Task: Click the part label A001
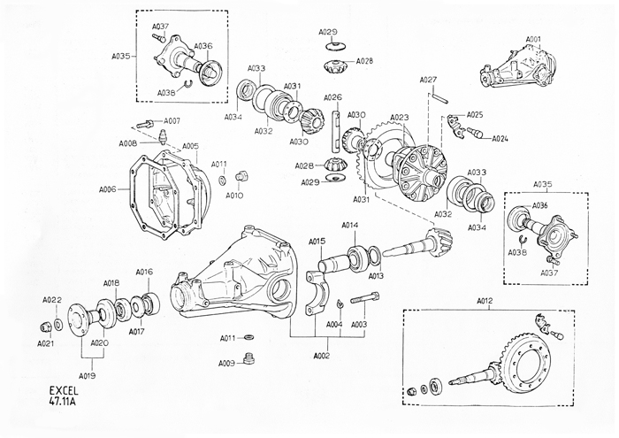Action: (533, 40)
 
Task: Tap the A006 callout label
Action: (109, 189)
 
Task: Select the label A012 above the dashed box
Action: (484, 303)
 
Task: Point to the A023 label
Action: (399, 118)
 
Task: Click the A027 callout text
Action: (428, 81)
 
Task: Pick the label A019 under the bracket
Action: (87, 375)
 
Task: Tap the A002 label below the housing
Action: (321, 355)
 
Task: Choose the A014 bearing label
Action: (350, 226)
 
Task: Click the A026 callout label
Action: (332, 97)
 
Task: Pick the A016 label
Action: (144, 272)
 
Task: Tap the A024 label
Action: (501, 139)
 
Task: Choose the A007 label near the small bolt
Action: (171, 120)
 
